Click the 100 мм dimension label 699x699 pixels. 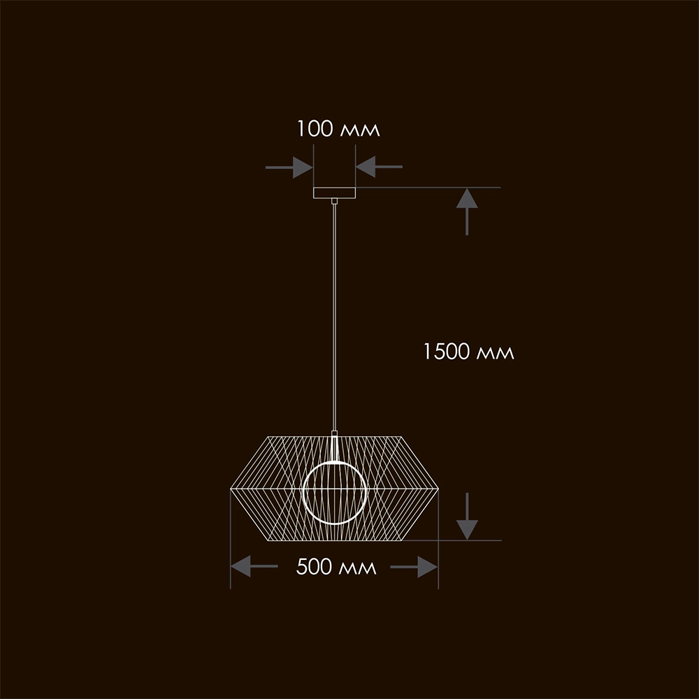[338, 129]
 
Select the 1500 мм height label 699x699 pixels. [468, 352]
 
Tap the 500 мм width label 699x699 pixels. [336, 567]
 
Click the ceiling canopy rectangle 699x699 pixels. [334, 193]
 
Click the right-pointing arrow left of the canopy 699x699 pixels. [289, 167]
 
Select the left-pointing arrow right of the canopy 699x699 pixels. [380, 167]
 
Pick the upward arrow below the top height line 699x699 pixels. [467, 212]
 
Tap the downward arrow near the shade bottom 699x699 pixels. [467, 517]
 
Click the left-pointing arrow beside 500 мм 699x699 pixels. [254, 566]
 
